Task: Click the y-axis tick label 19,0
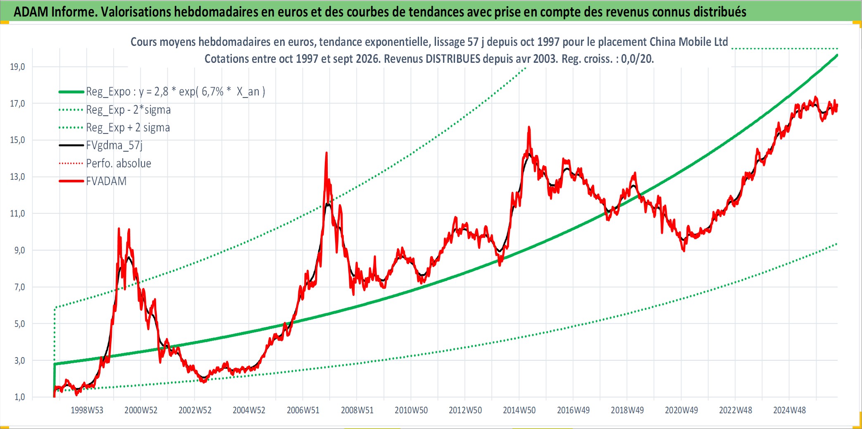17,67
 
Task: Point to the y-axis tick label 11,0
17,214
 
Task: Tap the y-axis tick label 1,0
19,397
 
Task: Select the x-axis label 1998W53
87,410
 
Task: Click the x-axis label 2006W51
303,410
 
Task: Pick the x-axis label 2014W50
519,410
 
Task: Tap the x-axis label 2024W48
789,410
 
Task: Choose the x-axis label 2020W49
681,410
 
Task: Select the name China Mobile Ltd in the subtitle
688,42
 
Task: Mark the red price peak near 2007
326,153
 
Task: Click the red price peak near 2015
529,127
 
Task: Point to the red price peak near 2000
119,229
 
